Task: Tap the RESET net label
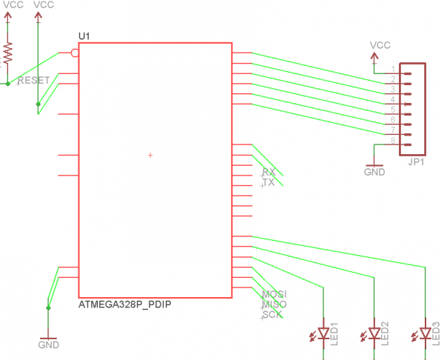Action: [x=33, y=79]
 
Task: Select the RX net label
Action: [x=269, y=172]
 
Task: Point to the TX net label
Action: [x=269, y=182]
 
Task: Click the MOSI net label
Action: [x=274, y=294]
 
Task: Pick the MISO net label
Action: [x=274, y=304]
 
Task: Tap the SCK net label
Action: [x=272, y=315]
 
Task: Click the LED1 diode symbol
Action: [x=323, y=334]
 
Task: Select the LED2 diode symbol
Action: [x=374, y=334]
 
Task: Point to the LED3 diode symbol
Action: [x=425, y=334]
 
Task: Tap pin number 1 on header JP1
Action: [x=393, y=68]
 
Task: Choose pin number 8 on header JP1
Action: [x=393, y=140]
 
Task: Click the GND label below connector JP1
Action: [x=374, y=171]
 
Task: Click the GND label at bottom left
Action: [x=48, y=344]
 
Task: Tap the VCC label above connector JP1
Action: [x=380, y=45]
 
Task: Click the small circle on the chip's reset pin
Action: [x=74, y=53]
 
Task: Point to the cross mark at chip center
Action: [x=150, y=155]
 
